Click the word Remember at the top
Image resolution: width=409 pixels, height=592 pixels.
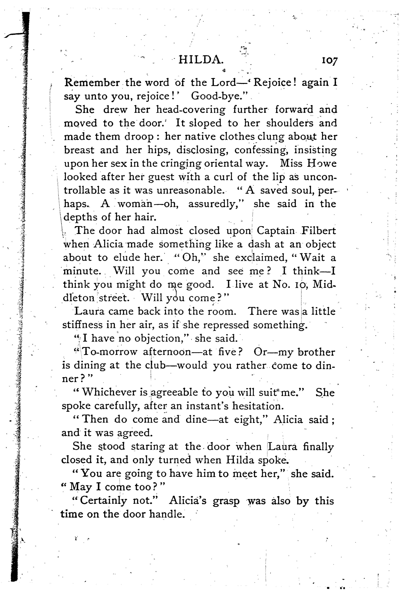92,83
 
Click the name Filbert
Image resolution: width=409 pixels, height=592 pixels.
318,231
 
